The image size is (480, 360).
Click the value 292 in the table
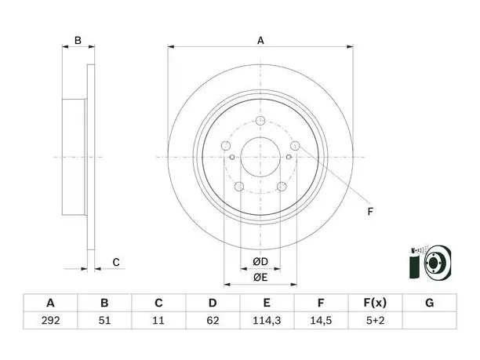[x=50, y=321]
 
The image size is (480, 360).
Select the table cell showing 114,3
[x=267, y=321]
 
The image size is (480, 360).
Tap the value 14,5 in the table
[x=321, y=321]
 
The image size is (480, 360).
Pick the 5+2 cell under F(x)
[x=375, y=321]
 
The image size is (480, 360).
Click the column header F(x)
[x=375, y=303]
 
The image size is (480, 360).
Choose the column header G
[x=430, y=303]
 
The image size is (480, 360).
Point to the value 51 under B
[x=104, y=321]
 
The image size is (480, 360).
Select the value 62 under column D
[x=213, y=321]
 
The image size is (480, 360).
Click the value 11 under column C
[x=158, y=321]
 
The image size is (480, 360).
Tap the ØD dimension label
[x=260, y=261]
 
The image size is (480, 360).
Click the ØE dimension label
[x=260, y=277]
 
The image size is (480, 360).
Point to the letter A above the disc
[x=260, y=41]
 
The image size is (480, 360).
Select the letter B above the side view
[x=78, y=41]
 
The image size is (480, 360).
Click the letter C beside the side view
[x=116, y=262]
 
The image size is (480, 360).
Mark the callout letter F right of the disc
[x=370, y=211]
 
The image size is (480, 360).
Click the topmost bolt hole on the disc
[x=260, y=121]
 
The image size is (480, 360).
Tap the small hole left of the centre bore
[x=232, y=158]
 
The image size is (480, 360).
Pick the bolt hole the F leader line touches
[x=295, y=146]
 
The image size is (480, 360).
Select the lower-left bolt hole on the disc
[x=239, y=186]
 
